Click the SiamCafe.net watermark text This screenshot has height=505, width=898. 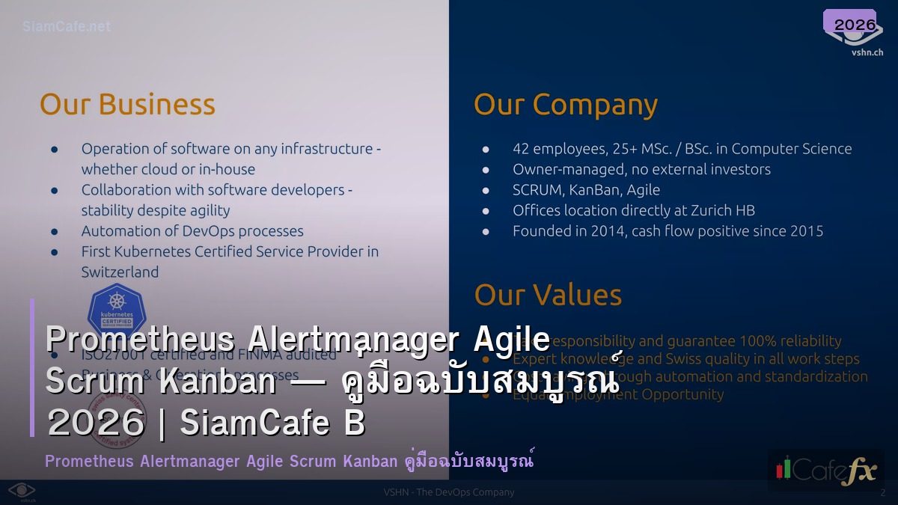67,27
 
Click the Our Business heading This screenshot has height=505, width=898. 127,105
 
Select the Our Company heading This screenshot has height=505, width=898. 566,105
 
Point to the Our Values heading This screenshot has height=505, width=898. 548,296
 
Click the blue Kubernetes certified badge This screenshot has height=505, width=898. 117,308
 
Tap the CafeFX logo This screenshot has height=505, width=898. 825,470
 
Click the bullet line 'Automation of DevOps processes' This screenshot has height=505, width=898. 192,231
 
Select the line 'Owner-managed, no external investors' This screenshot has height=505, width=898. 641,169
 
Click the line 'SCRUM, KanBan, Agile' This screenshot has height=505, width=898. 586,190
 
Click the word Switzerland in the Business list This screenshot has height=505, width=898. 120,272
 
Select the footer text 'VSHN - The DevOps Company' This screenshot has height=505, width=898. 449,492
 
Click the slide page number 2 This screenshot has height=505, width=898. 883,492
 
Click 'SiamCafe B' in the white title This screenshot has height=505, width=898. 272,423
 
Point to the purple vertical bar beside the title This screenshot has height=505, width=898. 32,367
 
